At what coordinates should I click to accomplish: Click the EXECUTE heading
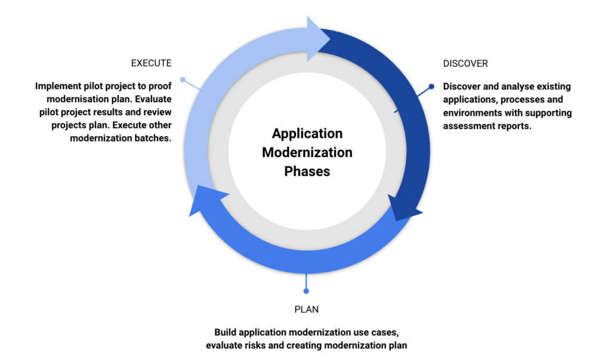pyautogui.click(x=151, y=63)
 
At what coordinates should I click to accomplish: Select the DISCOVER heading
pyautogui.click(x=465, y=63)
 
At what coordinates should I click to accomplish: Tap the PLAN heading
pyautogui.click(x=306, y=309)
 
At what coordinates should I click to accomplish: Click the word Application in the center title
pyautogui.click(x=307, y=133)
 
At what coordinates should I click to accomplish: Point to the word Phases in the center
pyautogui.click(x=307, y=171)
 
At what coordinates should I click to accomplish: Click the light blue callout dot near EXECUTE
pyautogui.click(x=183, y=79)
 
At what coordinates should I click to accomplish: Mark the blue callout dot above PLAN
pyautogui.click(x=306, y=291)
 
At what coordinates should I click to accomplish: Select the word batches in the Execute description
pyautogui.click(x=153, y=139)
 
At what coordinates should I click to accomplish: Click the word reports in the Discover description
pyautogui.click(x=515, y=126)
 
